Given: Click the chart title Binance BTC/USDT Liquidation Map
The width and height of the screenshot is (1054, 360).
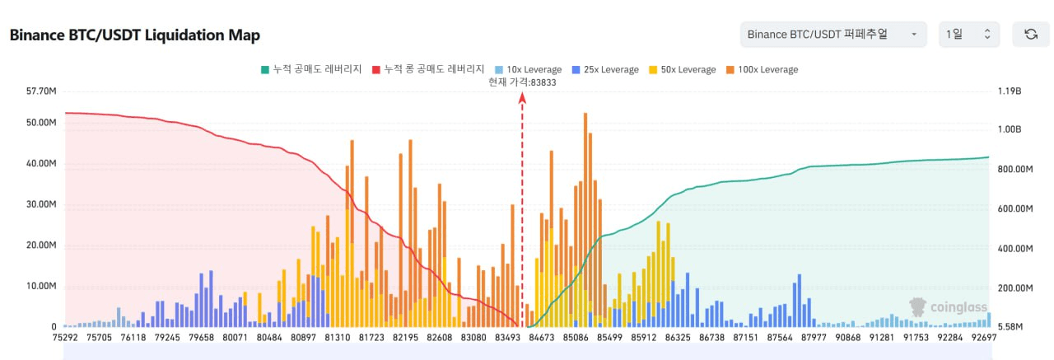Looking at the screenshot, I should pyautogui.click(x=135, y=35).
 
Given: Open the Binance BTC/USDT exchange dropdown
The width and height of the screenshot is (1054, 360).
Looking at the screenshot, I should pyautogui.click(x=831, y=34).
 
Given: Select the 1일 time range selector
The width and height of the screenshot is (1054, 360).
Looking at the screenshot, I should pyautogui.click(x=968, y=34).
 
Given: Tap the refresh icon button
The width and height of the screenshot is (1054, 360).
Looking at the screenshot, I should pyautogui.click(x=1030, y=34).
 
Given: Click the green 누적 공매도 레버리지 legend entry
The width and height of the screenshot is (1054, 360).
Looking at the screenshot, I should pyautogui.click(x=311, y=69).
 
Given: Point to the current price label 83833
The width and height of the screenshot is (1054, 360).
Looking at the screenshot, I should pyautogui.click(x=522, y=82).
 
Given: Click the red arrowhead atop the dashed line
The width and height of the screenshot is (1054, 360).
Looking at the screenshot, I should pyautogui.click(x=522, y=96).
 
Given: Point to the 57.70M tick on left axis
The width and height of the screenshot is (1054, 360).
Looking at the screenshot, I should pyautogui.click(x=41, y=91).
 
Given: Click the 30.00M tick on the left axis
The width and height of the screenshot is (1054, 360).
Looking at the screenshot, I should pyautogui.click(x=41, y=204).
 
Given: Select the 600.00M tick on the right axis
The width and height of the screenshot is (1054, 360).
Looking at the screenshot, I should pyautogui.click(x=1014, y=209).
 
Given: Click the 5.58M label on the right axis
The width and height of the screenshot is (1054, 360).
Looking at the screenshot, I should pyautogui.click(x=1010, y=327).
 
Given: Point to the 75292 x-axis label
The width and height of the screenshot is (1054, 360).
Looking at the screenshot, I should pyautogui.click(x=64, y=338).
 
